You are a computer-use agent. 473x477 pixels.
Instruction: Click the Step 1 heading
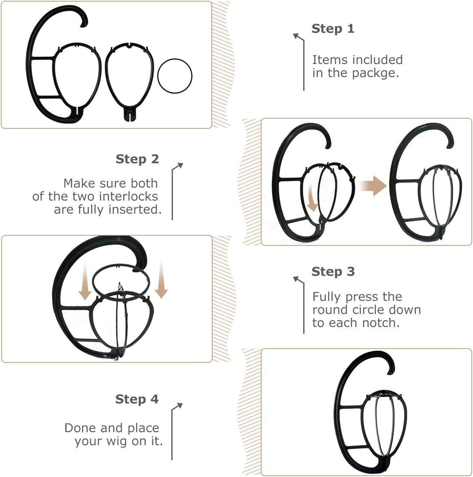tap(333, 29)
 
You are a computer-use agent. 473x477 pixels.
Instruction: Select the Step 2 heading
tap(137, 159)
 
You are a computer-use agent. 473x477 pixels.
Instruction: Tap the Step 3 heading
tap(333, 272)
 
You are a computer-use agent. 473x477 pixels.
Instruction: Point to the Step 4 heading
tap(137, 399)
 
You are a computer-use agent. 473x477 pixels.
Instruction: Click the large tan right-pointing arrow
tap(374, 185)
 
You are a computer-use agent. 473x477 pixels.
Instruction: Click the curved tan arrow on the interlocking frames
tap(312, 198)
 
